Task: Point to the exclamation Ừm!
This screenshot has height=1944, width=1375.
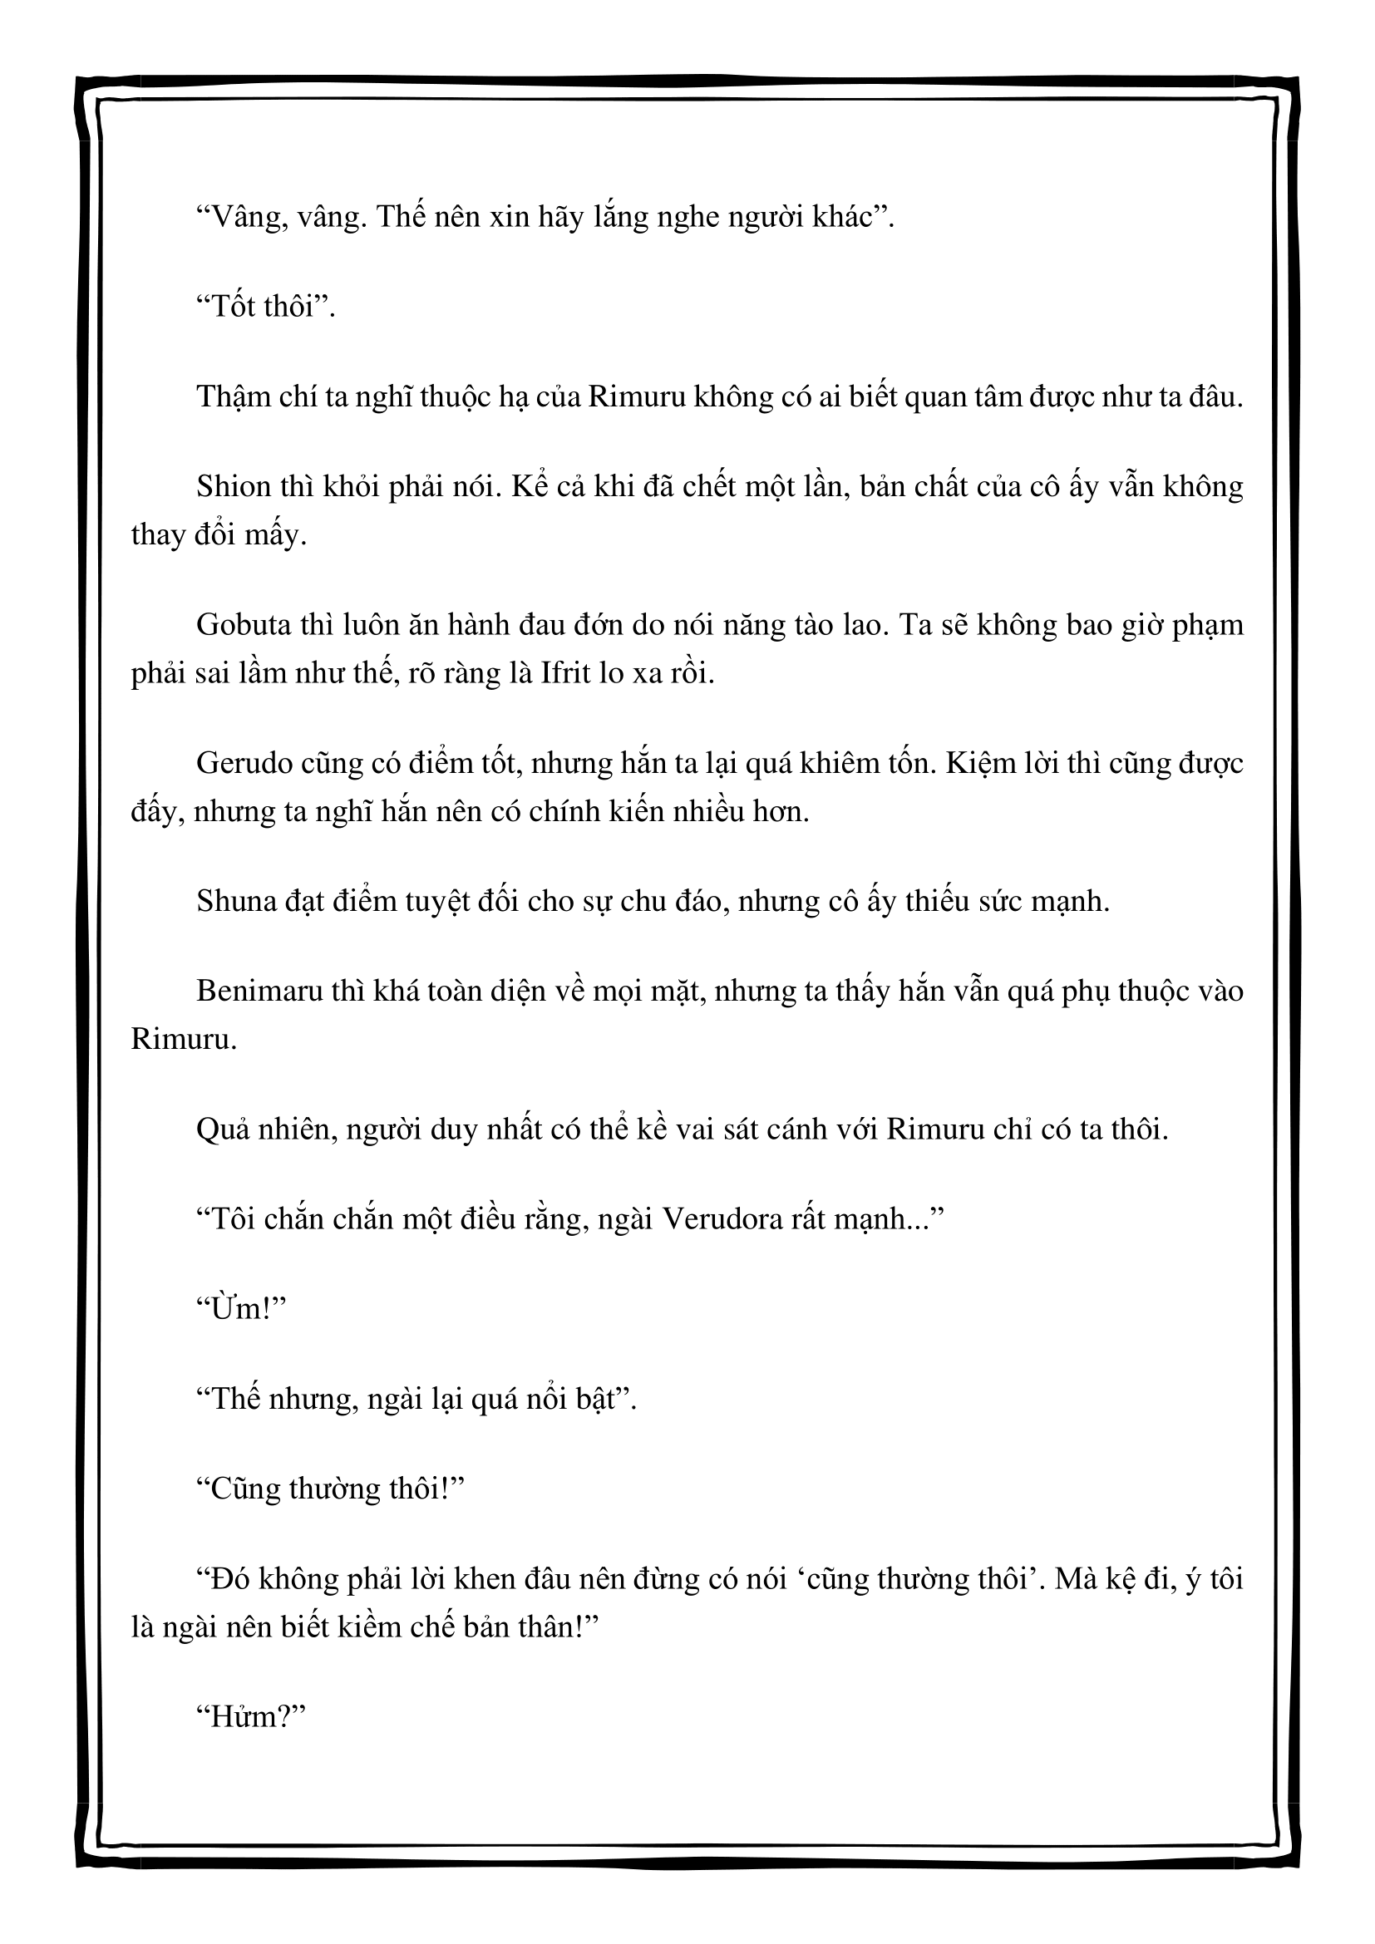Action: click(240, 1309)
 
